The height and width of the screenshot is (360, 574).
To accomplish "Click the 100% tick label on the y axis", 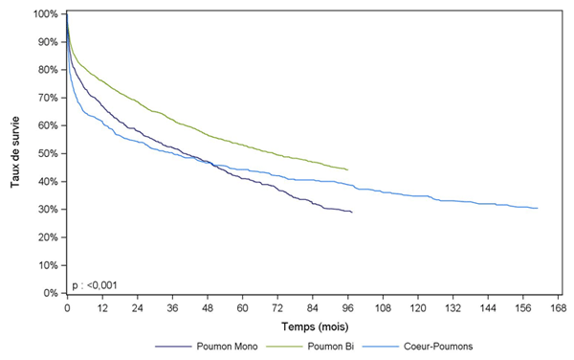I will click(45, 14).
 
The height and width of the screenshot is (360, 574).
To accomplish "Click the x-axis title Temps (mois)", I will click(313, 326).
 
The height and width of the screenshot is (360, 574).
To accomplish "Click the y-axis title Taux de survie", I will click(16, 153).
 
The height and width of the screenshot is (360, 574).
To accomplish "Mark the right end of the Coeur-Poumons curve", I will click(538, 208).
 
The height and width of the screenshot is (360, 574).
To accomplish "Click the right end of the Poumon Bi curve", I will click(347, 169).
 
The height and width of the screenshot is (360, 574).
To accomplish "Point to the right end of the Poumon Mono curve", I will click(352, 212).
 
